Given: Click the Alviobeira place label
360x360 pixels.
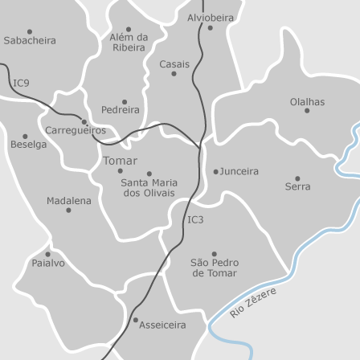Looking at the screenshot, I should [x=211, y=17].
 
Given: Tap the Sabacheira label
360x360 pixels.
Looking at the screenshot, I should [x=30, y=40].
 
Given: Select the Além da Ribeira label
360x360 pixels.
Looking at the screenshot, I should [x=129, y=42].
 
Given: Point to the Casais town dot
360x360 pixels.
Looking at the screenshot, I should [x=174, y=74].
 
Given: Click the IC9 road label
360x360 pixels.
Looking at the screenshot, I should [x=21, y=83].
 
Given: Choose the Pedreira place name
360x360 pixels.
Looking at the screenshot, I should [x=121, y=110].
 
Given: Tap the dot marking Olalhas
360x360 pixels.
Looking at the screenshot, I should [x=307, y=111].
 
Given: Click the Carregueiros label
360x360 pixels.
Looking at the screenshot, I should [x=75, y=130].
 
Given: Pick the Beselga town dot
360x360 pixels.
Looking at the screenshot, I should [x=25, y=137].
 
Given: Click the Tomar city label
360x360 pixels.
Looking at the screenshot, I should [x=120, y=160].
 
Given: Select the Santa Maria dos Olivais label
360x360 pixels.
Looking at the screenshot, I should [x=149, y=188].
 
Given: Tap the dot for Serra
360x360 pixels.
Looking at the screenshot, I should [x=297, y=178].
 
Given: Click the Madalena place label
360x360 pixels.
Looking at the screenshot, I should [x=68, y=201].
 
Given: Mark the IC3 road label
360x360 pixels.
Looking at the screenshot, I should [x=195, y=219].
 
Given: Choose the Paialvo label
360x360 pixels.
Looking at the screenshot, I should [x=48, y=264].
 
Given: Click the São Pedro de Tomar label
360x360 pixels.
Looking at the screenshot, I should [x=214, y=268].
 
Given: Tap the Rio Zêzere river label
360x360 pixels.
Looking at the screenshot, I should [x=252, y=302].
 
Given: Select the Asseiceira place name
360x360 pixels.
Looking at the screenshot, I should [x=163, y=325].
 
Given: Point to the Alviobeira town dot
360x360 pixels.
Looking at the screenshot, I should [x=211, y=27].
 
